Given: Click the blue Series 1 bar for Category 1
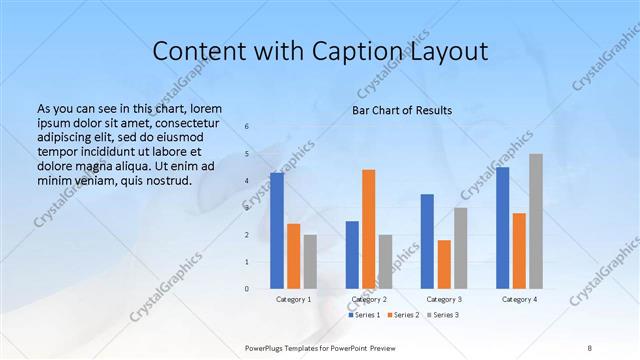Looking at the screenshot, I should tap(276, 231).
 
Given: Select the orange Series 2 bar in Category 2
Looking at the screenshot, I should tap(369, 229).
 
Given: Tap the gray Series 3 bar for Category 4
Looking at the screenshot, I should tap(536, 221).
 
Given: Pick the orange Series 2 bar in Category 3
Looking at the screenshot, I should tap(444, 264).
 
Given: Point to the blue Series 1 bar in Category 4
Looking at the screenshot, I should tap(503, 228).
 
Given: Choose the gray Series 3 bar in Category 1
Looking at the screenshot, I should tap(310, 262).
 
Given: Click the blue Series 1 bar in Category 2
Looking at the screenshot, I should tap(352, 255).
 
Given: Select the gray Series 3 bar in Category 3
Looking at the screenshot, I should tap(461, 248).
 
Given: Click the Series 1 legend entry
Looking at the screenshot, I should tap(365, 315).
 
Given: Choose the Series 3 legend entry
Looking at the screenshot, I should tap(444, 315).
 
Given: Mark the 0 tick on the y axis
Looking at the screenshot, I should tap(247, 289).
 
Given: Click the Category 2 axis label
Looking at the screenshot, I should tap(369, 299).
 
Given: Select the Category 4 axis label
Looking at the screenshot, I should tap(519, 299).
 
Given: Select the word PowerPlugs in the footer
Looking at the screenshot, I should tap(266, 345).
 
